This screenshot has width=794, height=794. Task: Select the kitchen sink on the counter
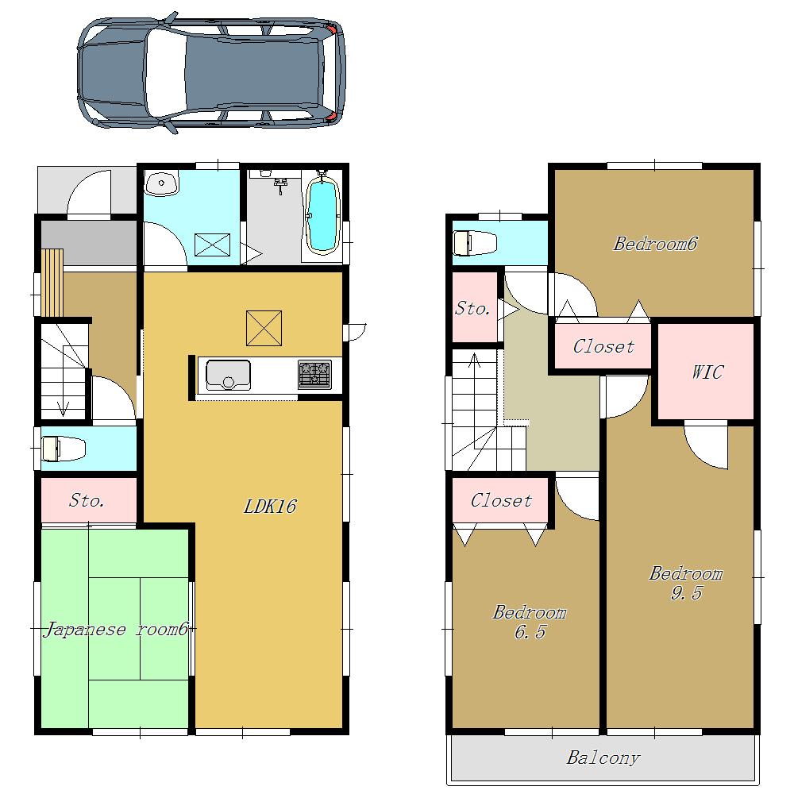click(x=229, y=375)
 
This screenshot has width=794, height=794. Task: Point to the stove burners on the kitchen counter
click(x=314, y=375)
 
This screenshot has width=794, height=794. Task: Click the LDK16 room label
click(x=269, y=507)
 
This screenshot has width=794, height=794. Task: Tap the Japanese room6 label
click(x=115, y=630)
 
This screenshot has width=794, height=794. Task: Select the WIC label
click(x=707, y=372)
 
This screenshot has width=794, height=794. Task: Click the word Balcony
click(x=603, y=758)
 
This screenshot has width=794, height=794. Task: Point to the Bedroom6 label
click(x=655, y=244)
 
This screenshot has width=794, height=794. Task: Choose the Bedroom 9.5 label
click(x=686, y=583)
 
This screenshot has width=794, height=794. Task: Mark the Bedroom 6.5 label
click(x=530, y=622)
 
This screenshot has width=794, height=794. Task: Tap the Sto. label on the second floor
click(x=472, y=309)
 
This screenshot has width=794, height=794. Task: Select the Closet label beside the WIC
click(x=603, y=347)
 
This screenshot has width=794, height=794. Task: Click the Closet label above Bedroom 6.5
click(x=501, y=500)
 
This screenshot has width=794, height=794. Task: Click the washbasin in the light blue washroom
click(x=163, y=185)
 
